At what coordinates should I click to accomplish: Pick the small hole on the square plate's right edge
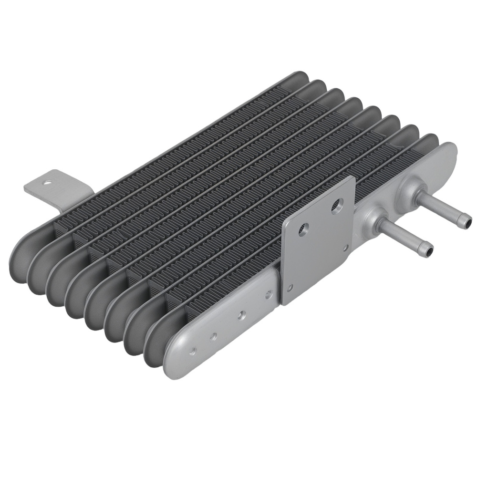click(x=345, y=248)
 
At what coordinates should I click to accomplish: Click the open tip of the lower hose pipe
click(x=429, y=249)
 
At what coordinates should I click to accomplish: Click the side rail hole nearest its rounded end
click(x=193, y=351)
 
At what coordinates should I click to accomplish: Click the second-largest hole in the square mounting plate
click(x=302, y=231)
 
